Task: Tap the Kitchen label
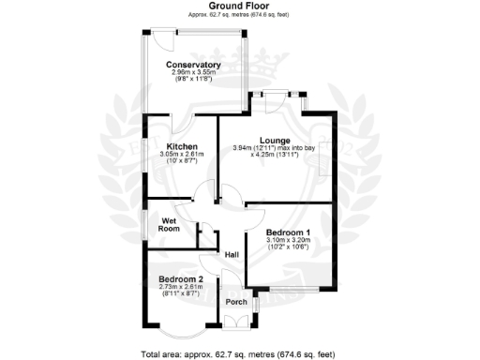point(181,147)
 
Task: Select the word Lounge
point(274,141)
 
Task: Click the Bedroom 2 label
point(181,279)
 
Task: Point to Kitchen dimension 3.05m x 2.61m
point(181,156)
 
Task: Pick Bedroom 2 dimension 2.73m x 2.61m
point(181,288)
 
